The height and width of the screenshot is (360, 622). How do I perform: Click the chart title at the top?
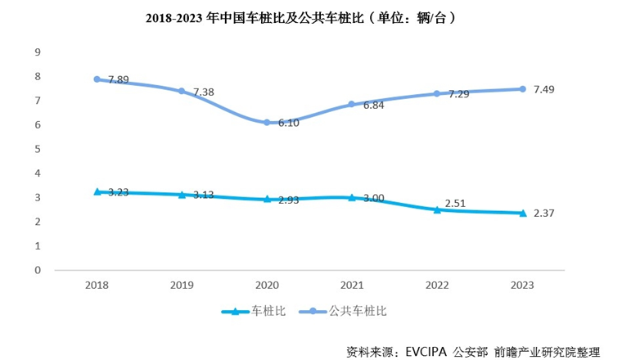coord(311,16)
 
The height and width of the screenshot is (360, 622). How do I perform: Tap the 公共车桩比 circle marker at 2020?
coord(267,123)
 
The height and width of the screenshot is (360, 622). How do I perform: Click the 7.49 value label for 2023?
coord(546,89)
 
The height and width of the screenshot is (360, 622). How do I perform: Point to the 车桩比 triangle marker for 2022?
coord(437,209)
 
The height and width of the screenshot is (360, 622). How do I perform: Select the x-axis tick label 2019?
coord(182,285)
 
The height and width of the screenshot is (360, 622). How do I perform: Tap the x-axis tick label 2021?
coord(352,285)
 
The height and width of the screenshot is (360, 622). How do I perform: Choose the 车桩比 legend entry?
coord(257,311)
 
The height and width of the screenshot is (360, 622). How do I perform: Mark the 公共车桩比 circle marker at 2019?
coord(182,91)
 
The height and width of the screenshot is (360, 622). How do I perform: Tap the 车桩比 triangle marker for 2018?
coord(97,191)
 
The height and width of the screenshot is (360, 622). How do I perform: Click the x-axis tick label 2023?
coord(522,285)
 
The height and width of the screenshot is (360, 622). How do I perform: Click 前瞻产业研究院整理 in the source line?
coord(559,351)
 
